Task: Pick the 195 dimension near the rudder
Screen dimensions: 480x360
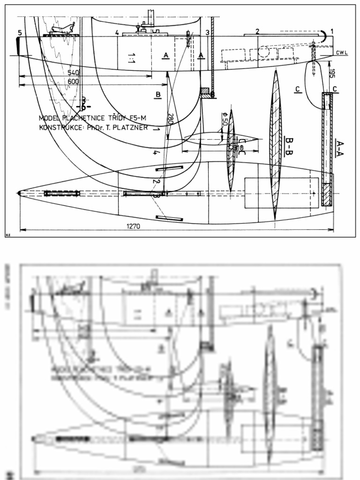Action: tap(331, 73)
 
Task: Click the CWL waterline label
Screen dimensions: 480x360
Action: tap(342, 52)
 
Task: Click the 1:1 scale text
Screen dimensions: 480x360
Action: tap(132, 58)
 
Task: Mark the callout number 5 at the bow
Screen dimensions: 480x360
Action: tap(20, 33)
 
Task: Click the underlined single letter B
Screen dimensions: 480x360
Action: tap(158, 95)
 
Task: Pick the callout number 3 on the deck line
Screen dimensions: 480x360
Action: tap(207, 32)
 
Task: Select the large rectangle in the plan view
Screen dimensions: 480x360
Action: tap(281, 193)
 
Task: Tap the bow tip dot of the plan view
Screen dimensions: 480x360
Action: tap(19, 193)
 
